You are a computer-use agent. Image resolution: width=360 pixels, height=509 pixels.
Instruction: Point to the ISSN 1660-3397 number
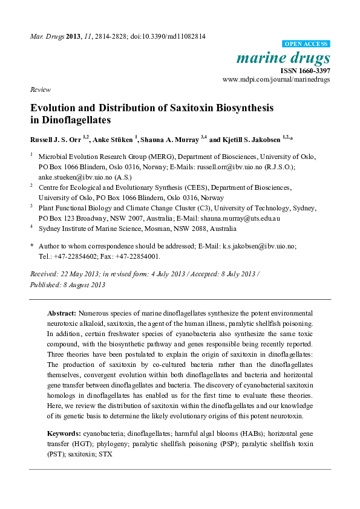[x=306, y=70]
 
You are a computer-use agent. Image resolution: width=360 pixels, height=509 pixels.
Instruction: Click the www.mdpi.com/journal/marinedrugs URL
[x=276, y=79]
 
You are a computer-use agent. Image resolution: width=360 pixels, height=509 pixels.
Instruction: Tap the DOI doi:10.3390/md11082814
[x=171, y=36]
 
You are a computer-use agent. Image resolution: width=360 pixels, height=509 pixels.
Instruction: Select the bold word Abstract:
[x=62, y=313]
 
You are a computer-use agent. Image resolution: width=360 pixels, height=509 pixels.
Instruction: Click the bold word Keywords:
[x=64, y=434]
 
